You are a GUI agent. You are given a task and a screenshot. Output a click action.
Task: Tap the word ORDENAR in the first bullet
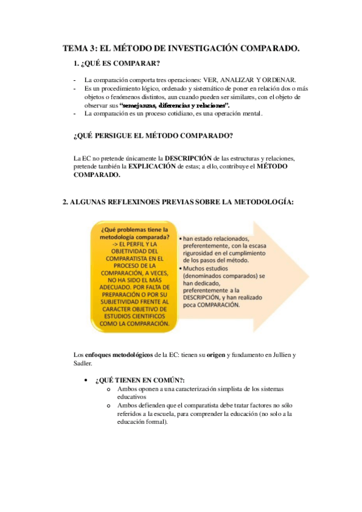pyautogui.click(x=280, y=80)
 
